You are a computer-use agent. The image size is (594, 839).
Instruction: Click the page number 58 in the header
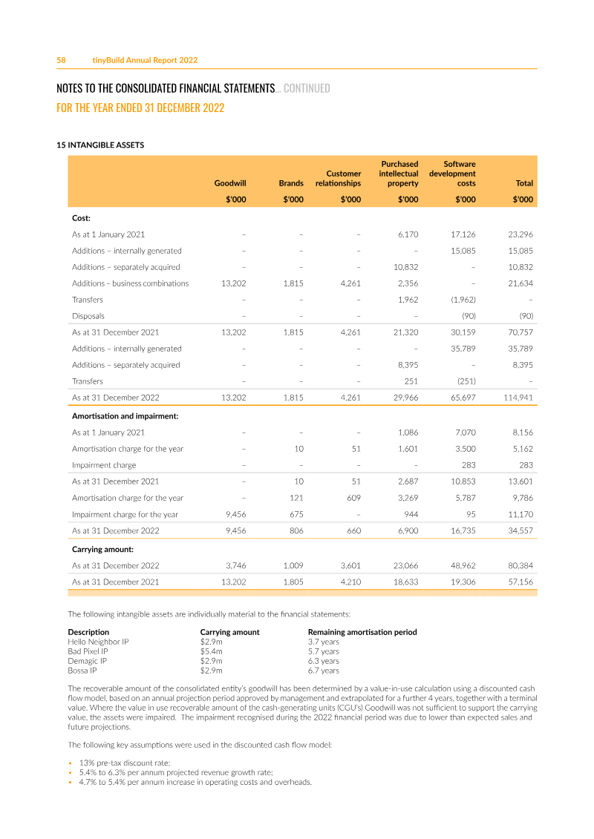(x=62, y=60)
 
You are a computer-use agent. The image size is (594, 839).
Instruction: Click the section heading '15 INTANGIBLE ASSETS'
(x=100, y=145)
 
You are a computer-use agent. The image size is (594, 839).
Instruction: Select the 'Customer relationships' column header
(x=339, y=179)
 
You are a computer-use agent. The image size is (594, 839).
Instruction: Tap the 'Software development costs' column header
(x=453, y=174)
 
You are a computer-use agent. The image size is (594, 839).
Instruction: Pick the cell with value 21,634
(x=520, y=283)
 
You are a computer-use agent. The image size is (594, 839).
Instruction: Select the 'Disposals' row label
(x=88, y=316)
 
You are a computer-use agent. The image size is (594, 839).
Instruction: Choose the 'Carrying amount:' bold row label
(x=102, y=550)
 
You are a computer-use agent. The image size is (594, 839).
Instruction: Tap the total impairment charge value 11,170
(x=520, y=514)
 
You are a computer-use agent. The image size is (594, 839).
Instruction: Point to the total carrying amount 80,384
(x=520, y=566)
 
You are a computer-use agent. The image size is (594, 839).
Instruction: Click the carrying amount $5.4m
(x=212, y=651)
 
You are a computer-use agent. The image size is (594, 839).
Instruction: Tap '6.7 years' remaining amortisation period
(x=323, y=671)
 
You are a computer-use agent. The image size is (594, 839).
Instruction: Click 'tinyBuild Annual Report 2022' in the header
(x=145, y=60)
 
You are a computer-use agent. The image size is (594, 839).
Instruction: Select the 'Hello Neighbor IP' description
(x=98, y=642)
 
